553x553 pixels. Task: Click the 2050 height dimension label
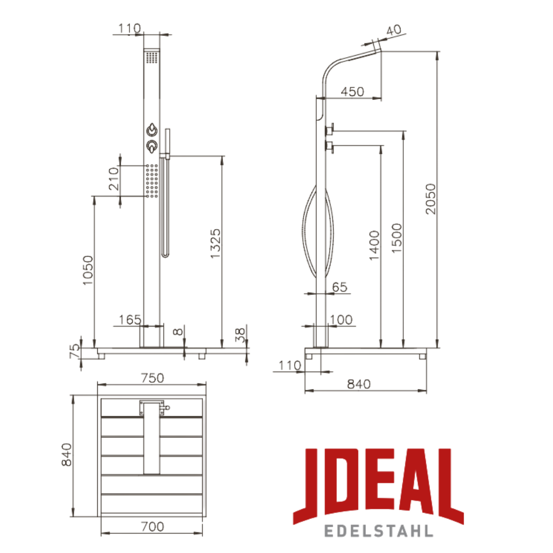tap(430, 199)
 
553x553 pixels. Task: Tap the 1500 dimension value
tap(396, 238)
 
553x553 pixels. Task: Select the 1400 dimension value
tap(374, 245)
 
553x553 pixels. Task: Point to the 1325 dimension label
tap(215, 244)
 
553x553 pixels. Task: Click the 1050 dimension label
tap(88, 271)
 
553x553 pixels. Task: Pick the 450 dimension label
tap(352, 92)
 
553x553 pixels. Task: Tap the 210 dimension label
tap(114, 179)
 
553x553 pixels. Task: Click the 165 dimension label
tap(130, 320)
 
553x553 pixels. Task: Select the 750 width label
tap(153, 378)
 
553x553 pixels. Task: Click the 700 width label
tap(153, 527)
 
